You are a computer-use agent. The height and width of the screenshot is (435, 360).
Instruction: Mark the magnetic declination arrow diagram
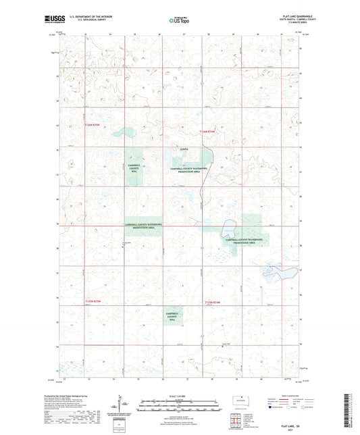(x=122, y=404)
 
